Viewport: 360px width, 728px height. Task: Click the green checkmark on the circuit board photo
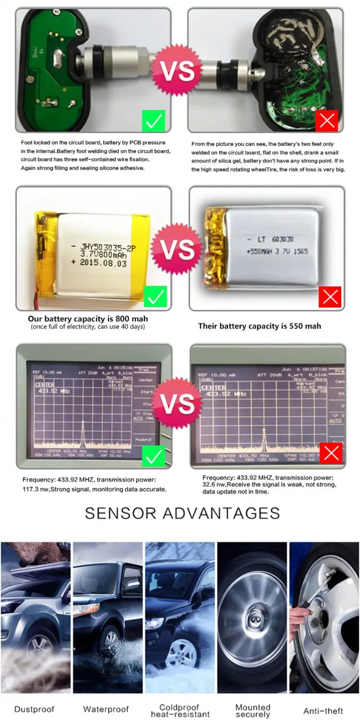[x=153, y=121]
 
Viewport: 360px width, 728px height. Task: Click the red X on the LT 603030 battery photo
[x=330, y=297]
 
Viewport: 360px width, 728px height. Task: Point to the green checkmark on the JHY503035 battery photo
[x=155, y=297]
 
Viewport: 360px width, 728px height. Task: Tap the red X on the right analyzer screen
[x=331, y=453]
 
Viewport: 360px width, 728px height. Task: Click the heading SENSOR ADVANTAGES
[x=182, y=512]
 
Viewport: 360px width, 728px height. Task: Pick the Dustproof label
[x=34, y=710]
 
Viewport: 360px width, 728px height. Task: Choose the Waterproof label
[x=106, y=710]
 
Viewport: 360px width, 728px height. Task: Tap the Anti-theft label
[x=323, y=711]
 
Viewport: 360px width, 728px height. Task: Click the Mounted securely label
[x=253, y=711]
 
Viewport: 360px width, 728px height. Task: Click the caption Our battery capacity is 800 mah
[x=88, y=319]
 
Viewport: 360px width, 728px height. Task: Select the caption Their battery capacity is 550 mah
[x=259, y=326]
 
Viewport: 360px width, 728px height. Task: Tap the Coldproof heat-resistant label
[x=180, y=711]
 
